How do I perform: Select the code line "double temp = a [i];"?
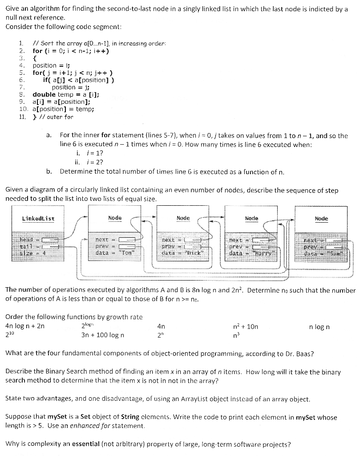(65, 94)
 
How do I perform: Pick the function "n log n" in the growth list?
(319, 327)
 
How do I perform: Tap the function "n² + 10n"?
(245, 327)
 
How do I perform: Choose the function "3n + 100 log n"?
(103, 335)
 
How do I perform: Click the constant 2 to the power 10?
(10, 335)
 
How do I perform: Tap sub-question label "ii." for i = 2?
(79, 162)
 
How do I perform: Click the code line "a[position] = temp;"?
(63, 109)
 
